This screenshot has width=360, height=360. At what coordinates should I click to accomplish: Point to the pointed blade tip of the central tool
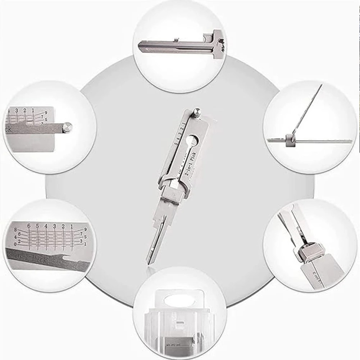point(148,262)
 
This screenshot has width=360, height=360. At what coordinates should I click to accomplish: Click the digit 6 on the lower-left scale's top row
point(28,226)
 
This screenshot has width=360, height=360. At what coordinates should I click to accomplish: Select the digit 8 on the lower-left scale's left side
point(16,229)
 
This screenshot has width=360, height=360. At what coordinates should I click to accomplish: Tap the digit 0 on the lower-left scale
point(15,245)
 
